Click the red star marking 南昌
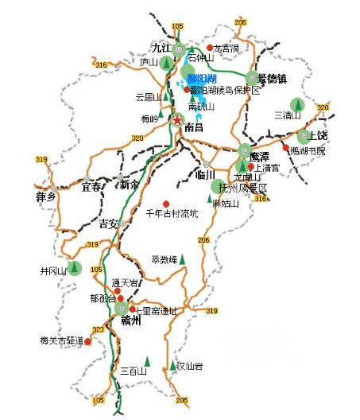177,122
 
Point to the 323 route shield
99,329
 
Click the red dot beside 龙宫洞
210,48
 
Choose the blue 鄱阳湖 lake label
201,77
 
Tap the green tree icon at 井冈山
75,268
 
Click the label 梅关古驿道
61,341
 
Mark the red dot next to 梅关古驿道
88,342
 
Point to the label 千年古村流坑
172,214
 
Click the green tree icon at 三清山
296,104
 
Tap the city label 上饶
317,136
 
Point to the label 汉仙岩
189,366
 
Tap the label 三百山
134,371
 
